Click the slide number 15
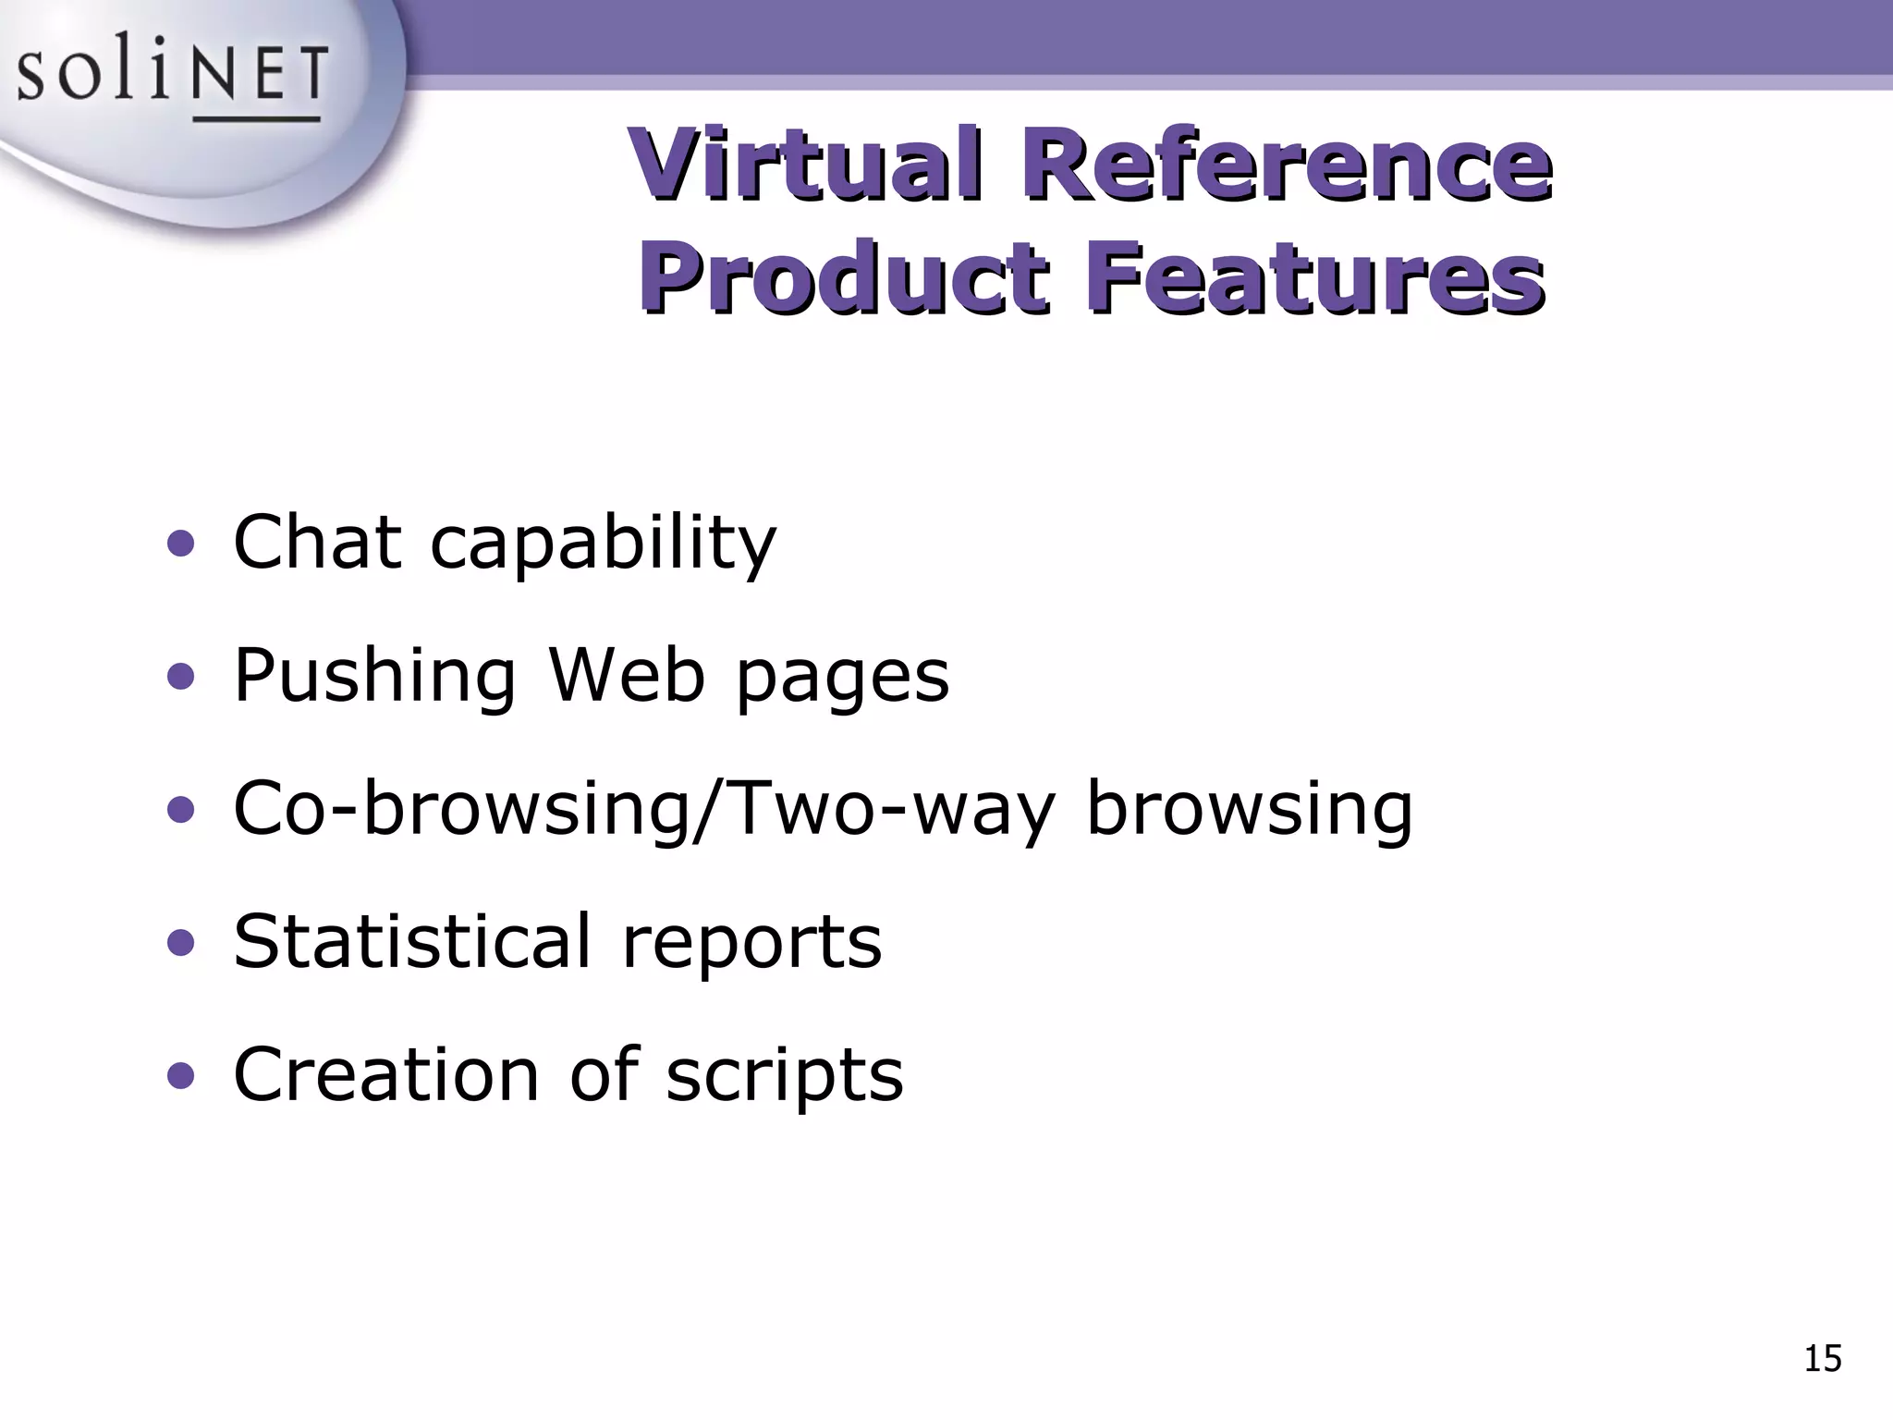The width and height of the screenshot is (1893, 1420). pos(1822,1359)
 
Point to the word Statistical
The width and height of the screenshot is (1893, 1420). pos(411,941)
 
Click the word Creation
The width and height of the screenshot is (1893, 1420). pos(385,1074)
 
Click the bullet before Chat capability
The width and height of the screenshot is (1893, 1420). pos(181,545)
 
